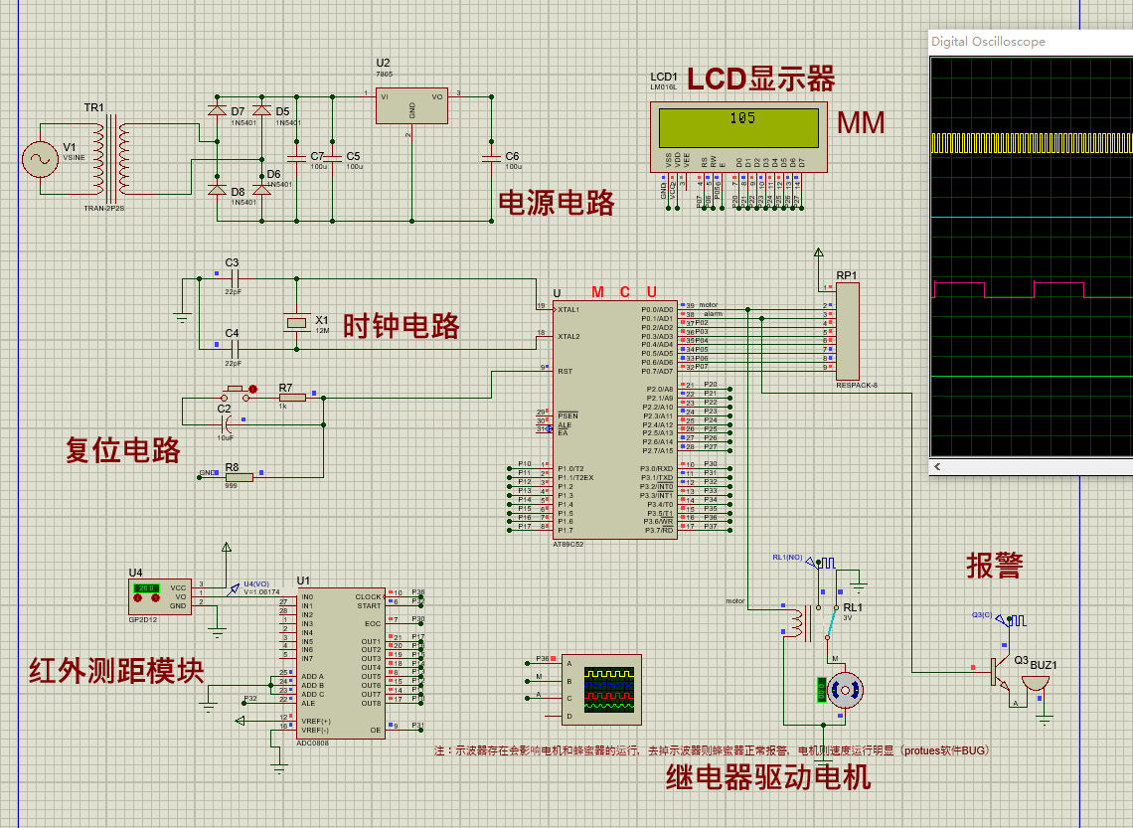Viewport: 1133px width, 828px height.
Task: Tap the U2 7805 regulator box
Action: pyautogui.click(x=410, y=108)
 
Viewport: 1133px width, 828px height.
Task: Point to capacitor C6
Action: pyautogui.click(x=489, y=158)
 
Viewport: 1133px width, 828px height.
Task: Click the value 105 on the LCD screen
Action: pyautogui.click(x=741, y=118)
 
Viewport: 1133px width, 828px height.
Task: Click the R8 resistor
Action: pyautogui.click(x=239, y=477)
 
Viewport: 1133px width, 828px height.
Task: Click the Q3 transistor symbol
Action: pyautogui.click(x=996, y=673)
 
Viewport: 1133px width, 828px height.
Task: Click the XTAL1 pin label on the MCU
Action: pyautogui.click(x=569, y=309)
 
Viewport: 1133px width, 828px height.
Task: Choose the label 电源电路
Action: pyautogui.click(x=557, y=203)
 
